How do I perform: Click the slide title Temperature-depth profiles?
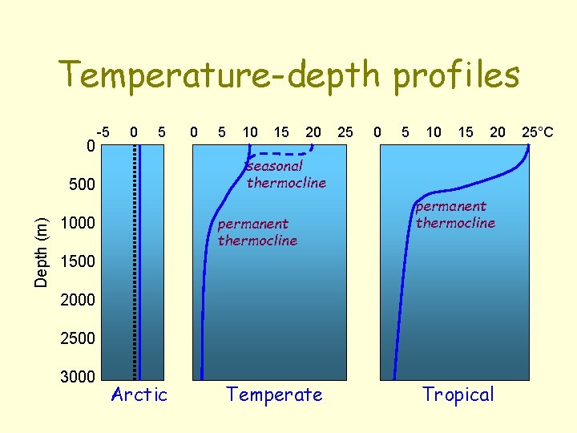[289, 75]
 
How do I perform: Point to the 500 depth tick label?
[83, 185]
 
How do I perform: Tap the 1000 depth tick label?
[79, 223]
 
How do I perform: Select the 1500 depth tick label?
[79, 261]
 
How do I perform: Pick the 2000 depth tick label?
[79, 300]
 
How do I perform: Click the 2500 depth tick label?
[79, 338]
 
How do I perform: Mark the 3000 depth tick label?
[79, 377]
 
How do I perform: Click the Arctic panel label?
[139, 395]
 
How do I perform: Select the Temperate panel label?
[275, 395]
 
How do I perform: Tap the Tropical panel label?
[458, 395]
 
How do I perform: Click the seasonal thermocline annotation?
[286, 175]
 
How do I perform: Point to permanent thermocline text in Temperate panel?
[257, 232]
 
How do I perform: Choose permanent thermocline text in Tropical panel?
[455, 215]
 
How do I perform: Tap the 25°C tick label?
[537, 132]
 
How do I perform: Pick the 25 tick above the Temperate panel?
[345, 132]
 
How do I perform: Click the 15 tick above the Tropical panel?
[465, 132]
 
